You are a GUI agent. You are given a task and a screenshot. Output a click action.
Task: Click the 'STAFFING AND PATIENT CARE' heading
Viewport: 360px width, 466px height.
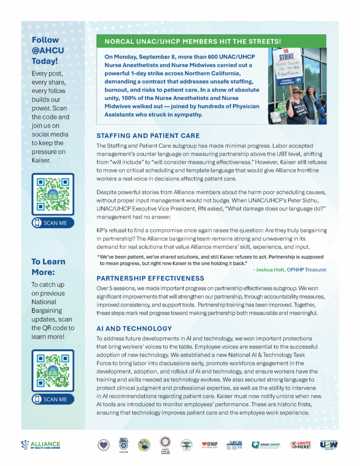pyautogui.click(x=148, y=135)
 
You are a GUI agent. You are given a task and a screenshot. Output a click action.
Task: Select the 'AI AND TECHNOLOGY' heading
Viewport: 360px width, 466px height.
pyautogui.click(x=134, y=329)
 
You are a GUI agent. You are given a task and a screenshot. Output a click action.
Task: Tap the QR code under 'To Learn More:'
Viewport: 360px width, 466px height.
pyautogui.click(x=53, y=371)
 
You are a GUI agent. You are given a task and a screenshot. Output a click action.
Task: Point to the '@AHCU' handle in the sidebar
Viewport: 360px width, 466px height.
pyautogui.click(x=48, y=51)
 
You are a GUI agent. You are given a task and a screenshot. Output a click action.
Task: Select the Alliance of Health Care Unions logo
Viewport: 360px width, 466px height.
pyautogui.click(x=41, y=444)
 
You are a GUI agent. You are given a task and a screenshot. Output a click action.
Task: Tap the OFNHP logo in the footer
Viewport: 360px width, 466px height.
pyautogui.click(x=210, y=444)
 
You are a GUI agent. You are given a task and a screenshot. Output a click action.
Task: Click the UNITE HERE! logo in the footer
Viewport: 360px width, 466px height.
pyautogui.click(x=300, y=444)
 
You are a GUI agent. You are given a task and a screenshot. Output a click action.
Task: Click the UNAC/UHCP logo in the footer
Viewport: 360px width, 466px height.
pyautogui.click(x=266, y=444)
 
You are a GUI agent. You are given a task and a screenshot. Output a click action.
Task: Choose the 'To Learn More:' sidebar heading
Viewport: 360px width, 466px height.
pyautogui.click(x=48, y=267)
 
